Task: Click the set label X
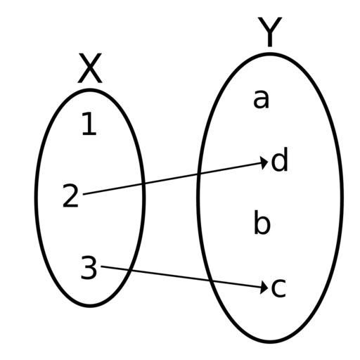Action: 90,68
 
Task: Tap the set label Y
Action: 270,32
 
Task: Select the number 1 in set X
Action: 89,124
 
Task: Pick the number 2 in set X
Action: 70,195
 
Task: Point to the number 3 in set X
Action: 89,267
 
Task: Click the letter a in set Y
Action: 261,99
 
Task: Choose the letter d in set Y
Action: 279,160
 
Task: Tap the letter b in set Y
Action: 262,222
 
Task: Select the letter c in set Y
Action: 278,288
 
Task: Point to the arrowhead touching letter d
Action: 265,162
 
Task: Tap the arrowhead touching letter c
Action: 264,288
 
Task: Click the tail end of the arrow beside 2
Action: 84,194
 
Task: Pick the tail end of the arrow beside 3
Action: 101,266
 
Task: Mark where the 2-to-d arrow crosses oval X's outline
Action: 143,184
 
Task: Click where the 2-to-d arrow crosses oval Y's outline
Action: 199,174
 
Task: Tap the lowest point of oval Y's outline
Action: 270,342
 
